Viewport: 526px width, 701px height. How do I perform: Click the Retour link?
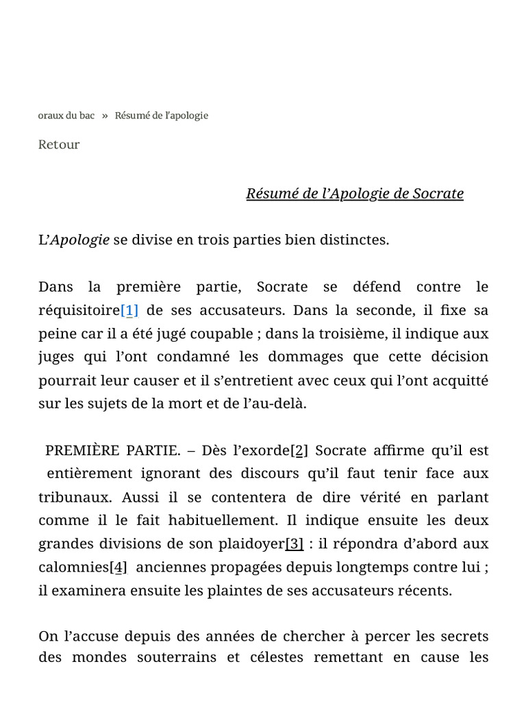(x=59, y=144)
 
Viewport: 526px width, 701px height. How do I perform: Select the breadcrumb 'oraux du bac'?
(x=66, y=115)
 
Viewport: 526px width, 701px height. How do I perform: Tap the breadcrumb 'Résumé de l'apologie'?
(x=161, y=115)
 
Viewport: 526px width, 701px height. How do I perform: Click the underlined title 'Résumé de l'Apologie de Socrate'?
(x=355, y=194)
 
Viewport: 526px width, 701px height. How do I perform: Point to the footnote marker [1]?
(x=129, y=310)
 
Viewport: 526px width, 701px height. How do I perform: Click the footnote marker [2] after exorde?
(x=299, y=450)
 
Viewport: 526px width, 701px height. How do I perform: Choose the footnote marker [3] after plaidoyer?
(x=295, y=544)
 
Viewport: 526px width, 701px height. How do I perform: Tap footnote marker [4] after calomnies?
(x=118, y=567)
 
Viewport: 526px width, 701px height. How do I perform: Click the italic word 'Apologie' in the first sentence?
(x=80, y=240)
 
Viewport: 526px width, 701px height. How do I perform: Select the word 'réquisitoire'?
(x=79, y=310)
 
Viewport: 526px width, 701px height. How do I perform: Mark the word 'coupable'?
(x=223, y=333)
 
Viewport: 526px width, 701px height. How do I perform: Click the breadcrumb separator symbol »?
(x=105, y=115)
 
